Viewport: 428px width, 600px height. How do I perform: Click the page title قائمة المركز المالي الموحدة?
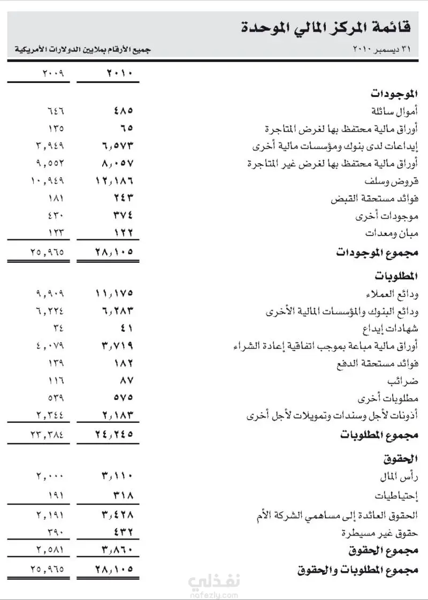pyautogui.click(x=326, y=26)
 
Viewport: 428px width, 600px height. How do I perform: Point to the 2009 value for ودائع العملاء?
pyautogui.click(x=50, y=293)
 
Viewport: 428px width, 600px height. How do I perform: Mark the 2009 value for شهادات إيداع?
pyautogui.click(x=58, y=328)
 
